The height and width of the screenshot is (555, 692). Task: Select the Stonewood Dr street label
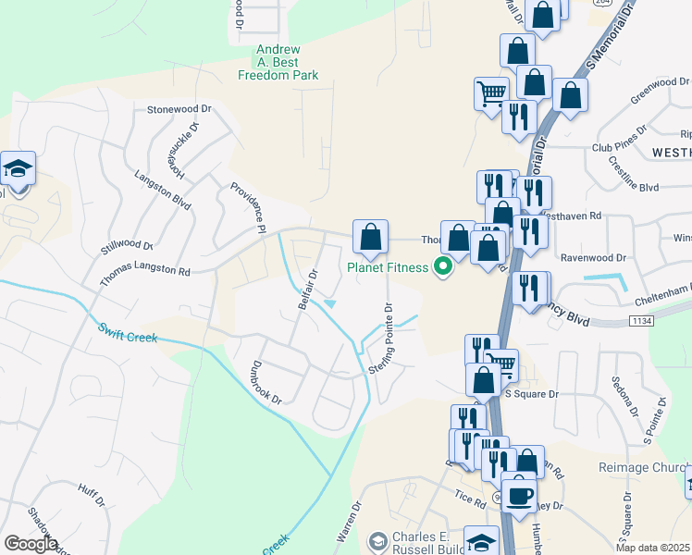coord(179,109)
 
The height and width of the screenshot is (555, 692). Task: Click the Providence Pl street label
coord(248,205)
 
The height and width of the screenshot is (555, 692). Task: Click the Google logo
coord(31,544)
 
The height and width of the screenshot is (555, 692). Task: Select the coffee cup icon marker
coord(519,496)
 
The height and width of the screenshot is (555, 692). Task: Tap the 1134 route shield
coord(640,320)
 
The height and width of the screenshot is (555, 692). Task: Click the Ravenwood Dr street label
coord(619,248)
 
